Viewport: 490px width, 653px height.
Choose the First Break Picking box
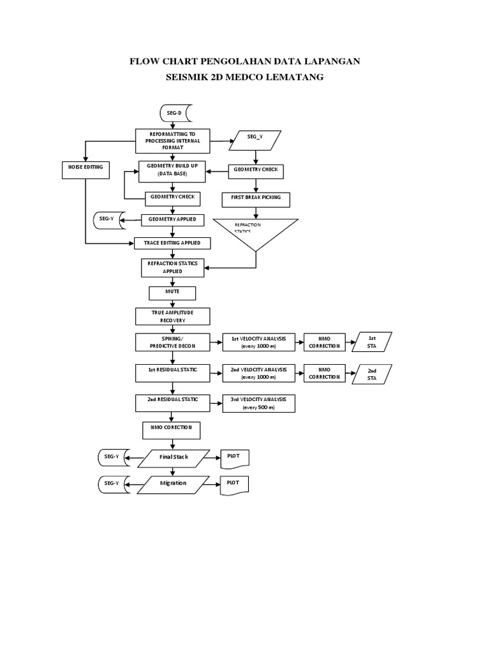click(255, 199)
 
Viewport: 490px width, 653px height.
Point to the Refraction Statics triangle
click(255, 231)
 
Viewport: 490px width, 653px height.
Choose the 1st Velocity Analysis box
click(258, 341)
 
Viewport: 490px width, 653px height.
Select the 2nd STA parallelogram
click(372, 374)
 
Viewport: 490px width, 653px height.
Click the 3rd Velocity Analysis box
click(258, 403)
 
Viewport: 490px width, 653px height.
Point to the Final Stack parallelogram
click(173, 458)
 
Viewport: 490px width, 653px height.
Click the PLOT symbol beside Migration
click(234, 485)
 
